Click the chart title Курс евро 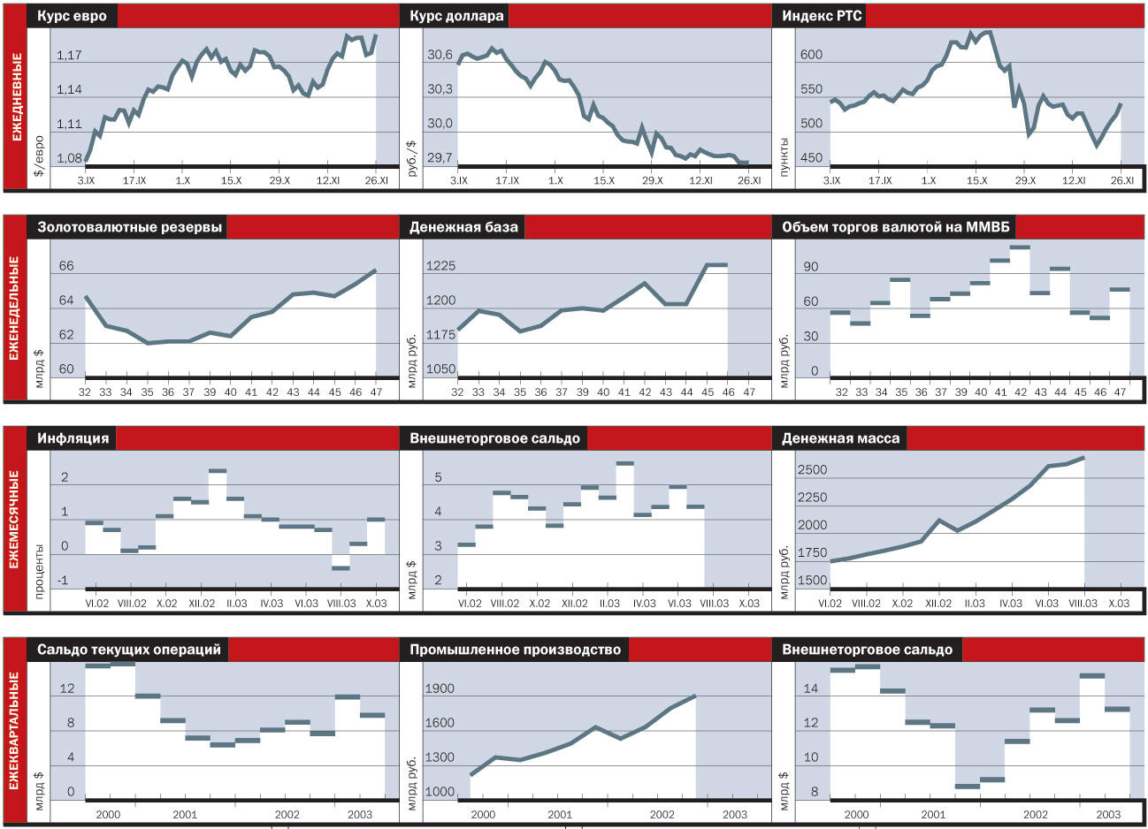pos(72,16)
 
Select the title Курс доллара pos(456,16)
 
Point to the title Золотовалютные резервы pos(129,227)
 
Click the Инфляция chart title pos(73,437)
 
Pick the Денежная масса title pos(840,437)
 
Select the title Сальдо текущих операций pos(129,650)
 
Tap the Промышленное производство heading pos(515,650)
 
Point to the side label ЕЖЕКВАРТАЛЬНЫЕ pos(16,731)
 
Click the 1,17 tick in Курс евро pos(69,56)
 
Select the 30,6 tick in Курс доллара pos(440,56)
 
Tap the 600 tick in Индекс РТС pos(811,55)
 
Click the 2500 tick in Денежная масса pos(812,470)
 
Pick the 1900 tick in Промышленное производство pos(440,688)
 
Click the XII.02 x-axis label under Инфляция pos(202,604)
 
